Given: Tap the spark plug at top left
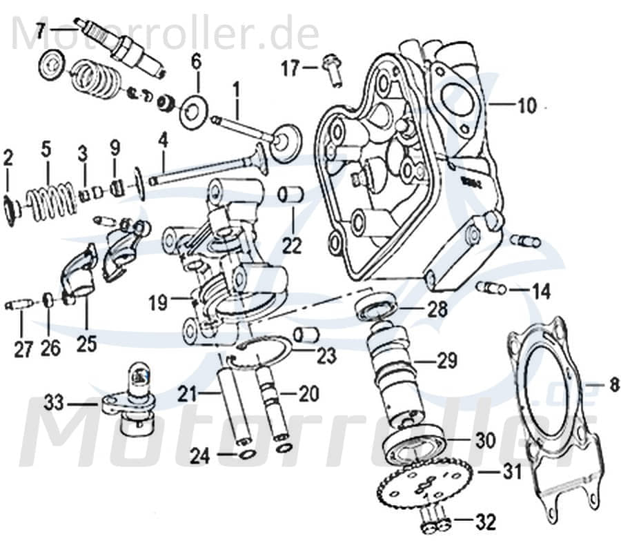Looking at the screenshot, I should click(x=124, y=46).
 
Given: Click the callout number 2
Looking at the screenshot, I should click(x=8, y=158).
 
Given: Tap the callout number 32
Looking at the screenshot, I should click(x=486, y=523).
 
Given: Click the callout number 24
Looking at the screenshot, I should click(x=199, y=455).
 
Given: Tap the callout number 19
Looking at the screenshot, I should click(x=159, y=302).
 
